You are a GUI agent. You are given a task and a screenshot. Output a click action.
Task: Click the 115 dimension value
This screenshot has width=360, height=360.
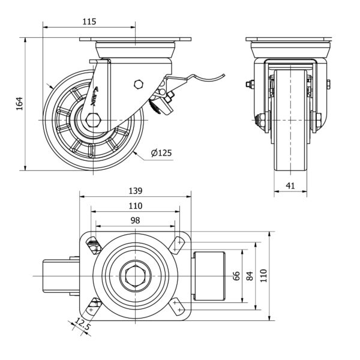[x=89, y=22]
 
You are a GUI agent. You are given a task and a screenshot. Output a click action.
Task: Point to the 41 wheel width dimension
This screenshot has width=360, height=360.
[x=290, y=186]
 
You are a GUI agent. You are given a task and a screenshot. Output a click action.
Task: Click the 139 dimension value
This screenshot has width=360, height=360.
[x=135, y=191]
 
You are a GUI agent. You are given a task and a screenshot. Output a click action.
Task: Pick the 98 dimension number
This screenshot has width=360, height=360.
[x=135, y=220]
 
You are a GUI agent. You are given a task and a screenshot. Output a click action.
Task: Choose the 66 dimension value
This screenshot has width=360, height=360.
[x=236, y=276]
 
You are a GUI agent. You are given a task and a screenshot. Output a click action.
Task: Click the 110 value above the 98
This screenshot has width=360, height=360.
[x=135, y=206]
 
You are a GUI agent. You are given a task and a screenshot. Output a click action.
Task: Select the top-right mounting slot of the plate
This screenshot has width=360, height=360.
[x=178, y=243]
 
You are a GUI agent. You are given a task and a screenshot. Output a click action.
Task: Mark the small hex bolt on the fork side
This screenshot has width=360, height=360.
[x=139, y=84]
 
